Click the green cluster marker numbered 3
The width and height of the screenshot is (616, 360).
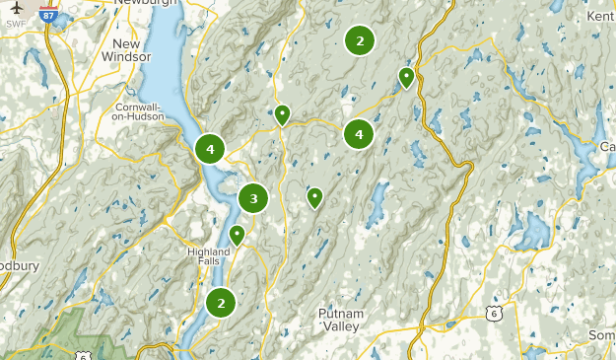(x=253, y=198)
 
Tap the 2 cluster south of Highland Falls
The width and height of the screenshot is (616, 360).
(x=221, y=303)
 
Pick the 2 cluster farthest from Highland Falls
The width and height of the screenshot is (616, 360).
(x=360, y=40)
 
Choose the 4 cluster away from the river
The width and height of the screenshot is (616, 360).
(x=359, y=133)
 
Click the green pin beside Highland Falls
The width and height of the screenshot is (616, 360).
(x=237, y=235)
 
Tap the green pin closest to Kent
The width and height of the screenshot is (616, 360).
(x=406, y=77)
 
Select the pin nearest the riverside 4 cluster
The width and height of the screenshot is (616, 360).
(x=282, y=114)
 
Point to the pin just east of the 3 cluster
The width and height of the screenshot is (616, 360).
(x=314, y=197)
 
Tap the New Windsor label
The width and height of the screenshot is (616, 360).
(x=126, y=50)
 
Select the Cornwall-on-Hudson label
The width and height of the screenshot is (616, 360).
(x=125, y=110)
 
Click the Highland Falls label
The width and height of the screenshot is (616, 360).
(x=208, y=255)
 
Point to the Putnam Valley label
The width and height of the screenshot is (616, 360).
(x=341, y=320)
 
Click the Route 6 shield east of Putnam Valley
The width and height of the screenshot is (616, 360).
(x=492, y=314)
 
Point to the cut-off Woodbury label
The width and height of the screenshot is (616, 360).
(x=18, y=265)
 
